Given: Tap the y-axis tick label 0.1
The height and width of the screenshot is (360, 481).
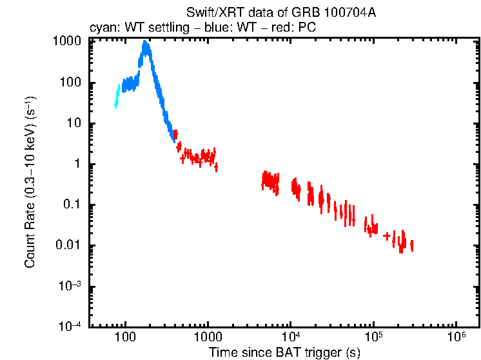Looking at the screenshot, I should (74, 205).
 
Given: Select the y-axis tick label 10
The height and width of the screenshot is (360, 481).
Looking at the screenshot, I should (76, 123).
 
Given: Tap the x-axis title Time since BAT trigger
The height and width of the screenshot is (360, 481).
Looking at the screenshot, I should (284, 353).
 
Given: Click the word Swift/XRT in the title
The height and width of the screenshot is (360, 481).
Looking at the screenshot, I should (210, 12).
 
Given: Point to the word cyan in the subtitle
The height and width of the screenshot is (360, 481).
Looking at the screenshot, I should (99, 27).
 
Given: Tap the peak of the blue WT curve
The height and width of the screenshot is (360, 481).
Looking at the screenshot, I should (146, 44).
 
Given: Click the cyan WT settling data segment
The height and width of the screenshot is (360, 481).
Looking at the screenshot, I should (117, 96).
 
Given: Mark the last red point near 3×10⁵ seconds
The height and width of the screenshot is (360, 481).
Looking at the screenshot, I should (411, 245).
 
